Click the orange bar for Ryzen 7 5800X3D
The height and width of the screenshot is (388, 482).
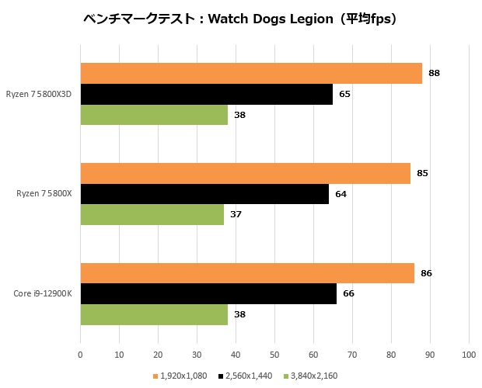[x=250, y=73]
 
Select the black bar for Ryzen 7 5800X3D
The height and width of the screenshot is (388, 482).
[x=206, y=94]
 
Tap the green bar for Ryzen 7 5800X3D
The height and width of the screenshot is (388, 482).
[x=154, y=115]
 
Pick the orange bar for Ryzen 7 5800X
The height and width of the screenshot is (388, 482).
[x=245, y=173]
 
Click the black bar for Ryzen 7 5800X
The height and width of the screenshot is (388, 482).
[x=204, y=194]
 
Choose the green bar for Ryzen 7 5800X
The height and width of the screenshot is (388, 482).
[x=152, y=214]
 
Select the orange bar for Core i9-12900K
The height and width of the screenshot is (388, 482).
[x=246, y=273]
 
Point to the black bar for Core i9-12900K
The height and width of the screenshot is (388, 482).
[x=208, y=294]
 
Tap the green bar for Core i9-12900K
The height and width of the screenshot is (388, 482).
[x=154, y=314]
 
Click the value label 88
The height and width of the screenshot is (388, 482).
[x=434, y=73]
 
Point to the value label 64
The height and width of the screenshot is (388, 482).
[x=341, y=194]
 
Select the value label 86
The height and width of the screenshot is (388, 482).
[x=426, y=273]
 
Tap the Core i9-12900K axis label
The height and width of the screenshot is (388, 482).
[x=43, y=294]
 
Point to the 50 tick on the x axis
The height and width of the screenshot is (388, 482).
[x=274, y=355]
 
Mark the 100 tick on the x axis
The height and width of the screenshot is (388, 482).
[x=469, y=355]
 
